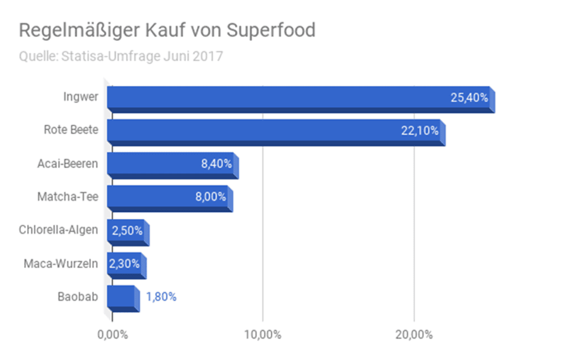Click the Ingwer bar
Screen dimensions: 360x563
(x=281, y=98)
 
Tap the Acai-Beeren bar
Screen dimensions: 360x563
(x=152, y=164)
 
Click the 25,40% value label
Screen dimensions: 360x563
(x=469, y=98)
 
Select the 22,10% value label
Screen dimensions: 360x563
(x=420, y=131)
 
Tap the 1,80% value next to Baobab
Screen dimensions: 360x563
(x=162, y=297)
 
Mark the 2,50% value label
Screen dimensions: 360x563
(x=127, y=230)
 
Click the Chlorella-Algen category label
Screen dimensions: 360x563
(x=58, y=230)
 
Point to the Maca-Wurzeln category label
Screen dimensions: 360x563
(x=61, y=263)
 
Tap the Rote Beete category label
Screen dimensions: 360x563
(x=71, y=130)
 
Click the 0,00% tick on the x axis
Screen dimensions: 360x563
(x=112, y=335)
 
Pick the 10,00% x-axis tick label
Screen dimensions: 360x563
(x=262, y=335)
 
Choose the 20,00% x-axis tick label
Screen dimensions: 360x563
(x=414, y=335)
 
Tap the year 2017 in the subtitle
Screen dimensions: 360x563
(x=210, y=57)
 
